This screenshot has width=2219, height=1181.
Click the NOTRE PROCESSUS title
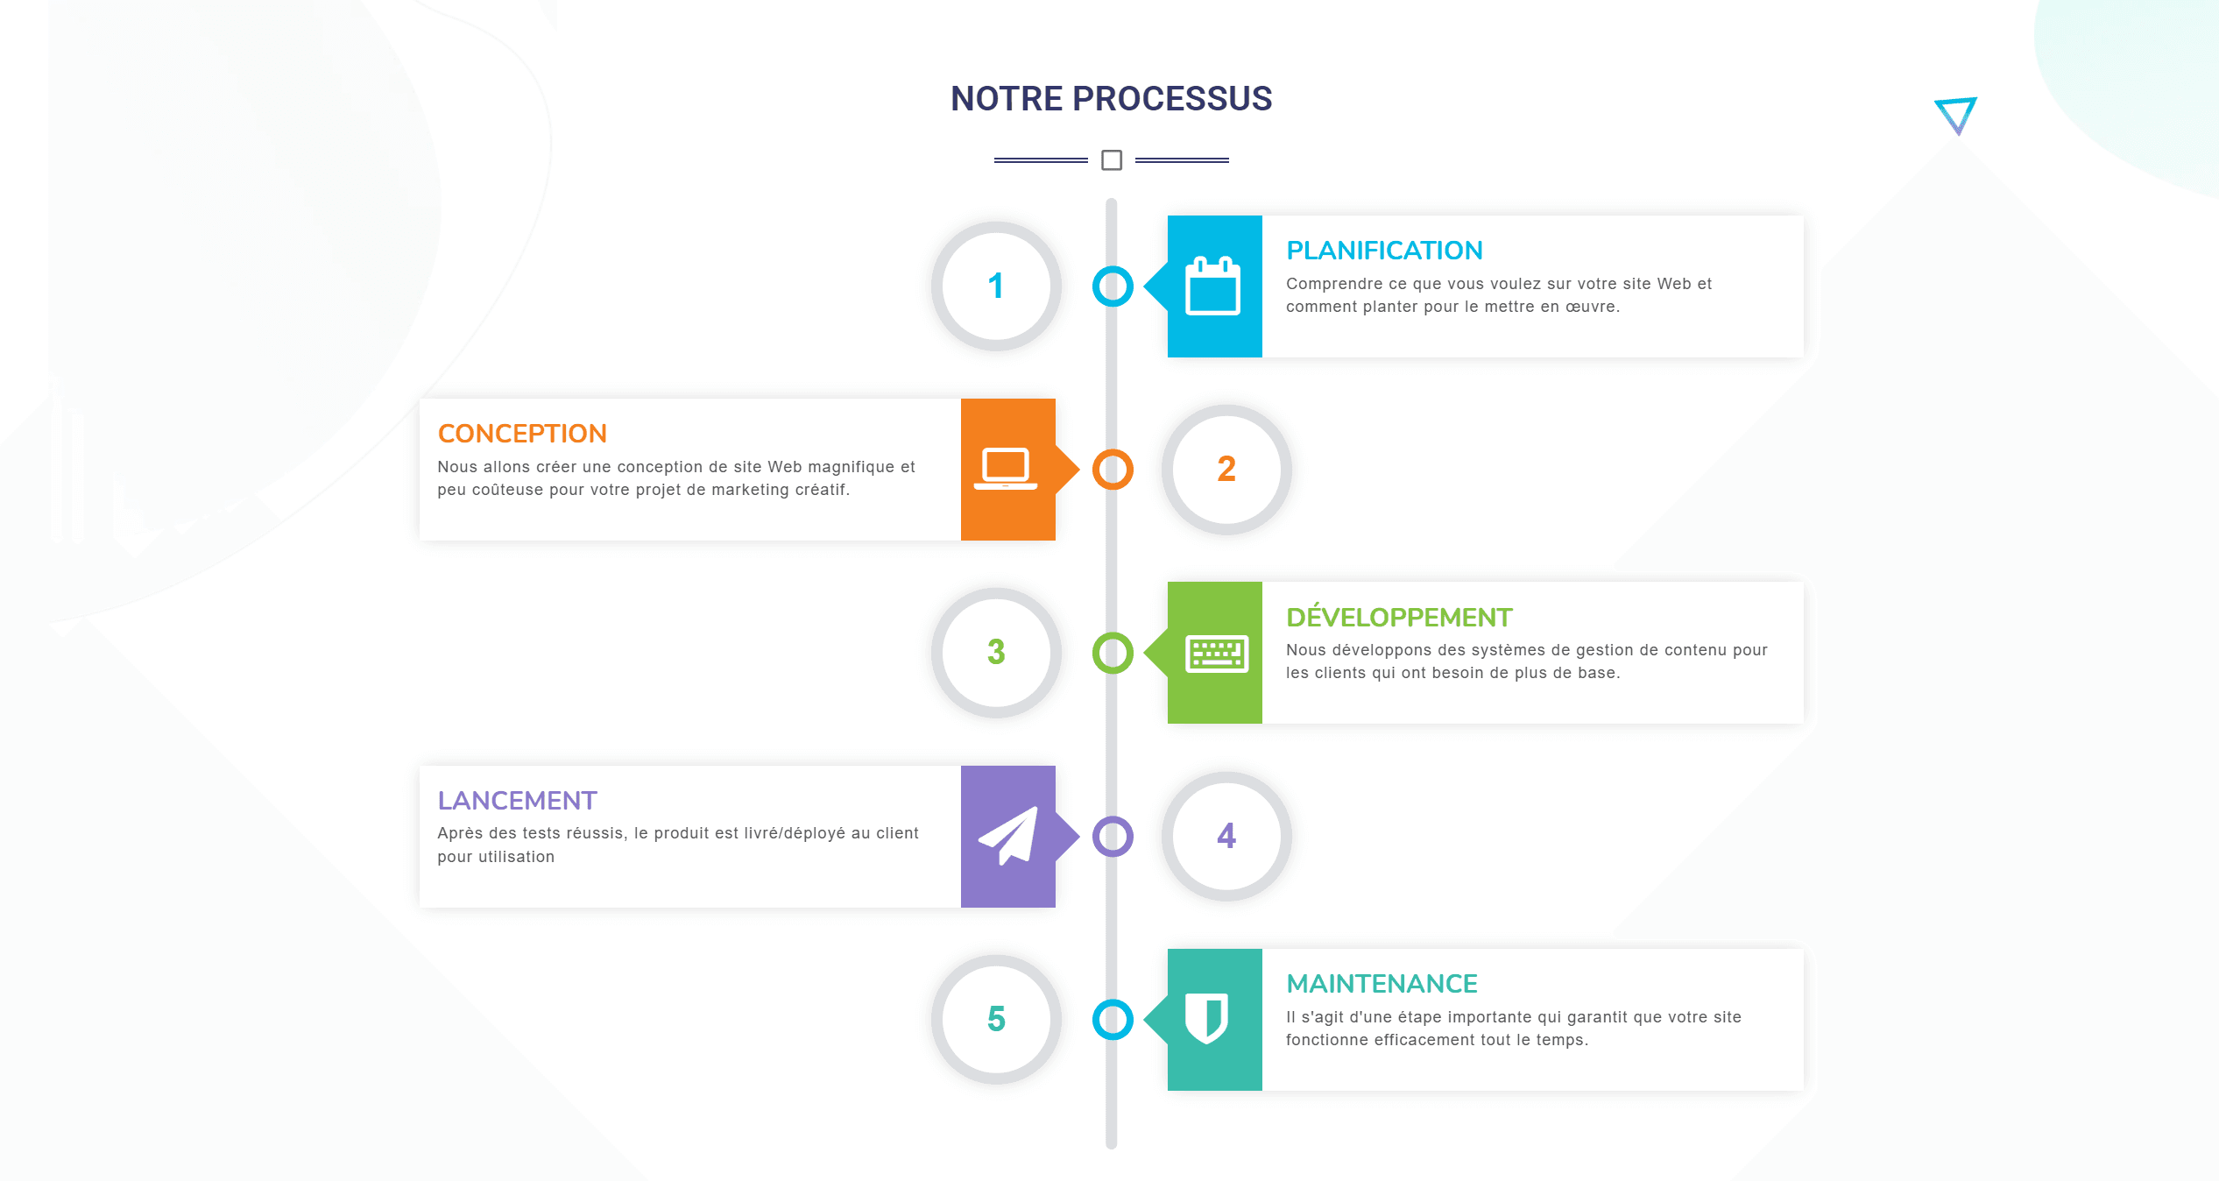pos(1111,98)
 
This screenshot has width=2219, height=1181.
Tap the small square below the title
pos(1112,160)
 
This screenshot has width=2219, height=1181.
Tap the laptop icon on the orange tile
pos(1006,469)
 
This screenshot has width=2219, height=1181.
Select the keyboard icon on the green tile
pos(1217,654)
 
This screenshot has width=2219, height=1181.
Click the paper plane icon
pos(1008,836)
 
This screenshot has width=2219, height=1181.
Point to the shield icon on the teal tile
pos(1206,1018)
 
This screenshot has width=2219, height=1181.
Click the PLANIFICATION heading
pos(1384,251)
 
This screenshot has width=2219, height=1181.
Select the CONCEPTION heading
pos(522,434)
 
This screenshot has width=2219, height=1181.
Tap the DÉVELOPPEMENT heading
pos(1399,616)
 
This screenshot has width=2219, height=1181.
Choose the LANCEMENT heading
pos(517,801)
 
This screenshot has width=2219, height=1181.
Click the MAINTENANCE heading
pos(1382,984)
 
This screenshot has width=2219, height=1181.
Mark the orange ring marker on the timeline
pos(1113,450)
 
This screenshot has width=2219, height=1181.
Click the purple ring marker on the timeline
pos(1113,817)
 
